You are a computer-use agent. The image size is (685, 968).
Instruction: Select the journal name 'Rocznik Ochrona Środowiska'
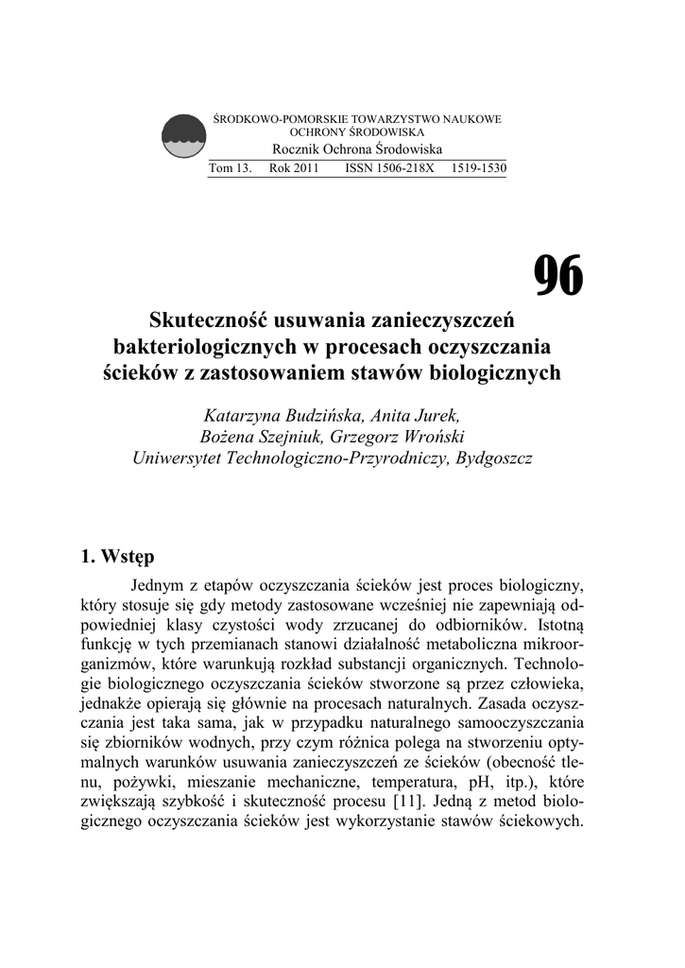[x=357, y=150]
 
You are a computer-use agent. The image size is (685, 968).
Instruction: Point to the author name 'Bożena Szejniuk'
[x=264, y=438]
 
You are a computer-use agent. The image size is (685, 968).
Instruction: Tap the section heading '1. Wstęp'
[x=118, y=554]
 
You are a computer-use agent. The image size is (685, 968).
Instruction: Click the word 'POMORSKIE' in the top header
[x=303, y=120]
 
